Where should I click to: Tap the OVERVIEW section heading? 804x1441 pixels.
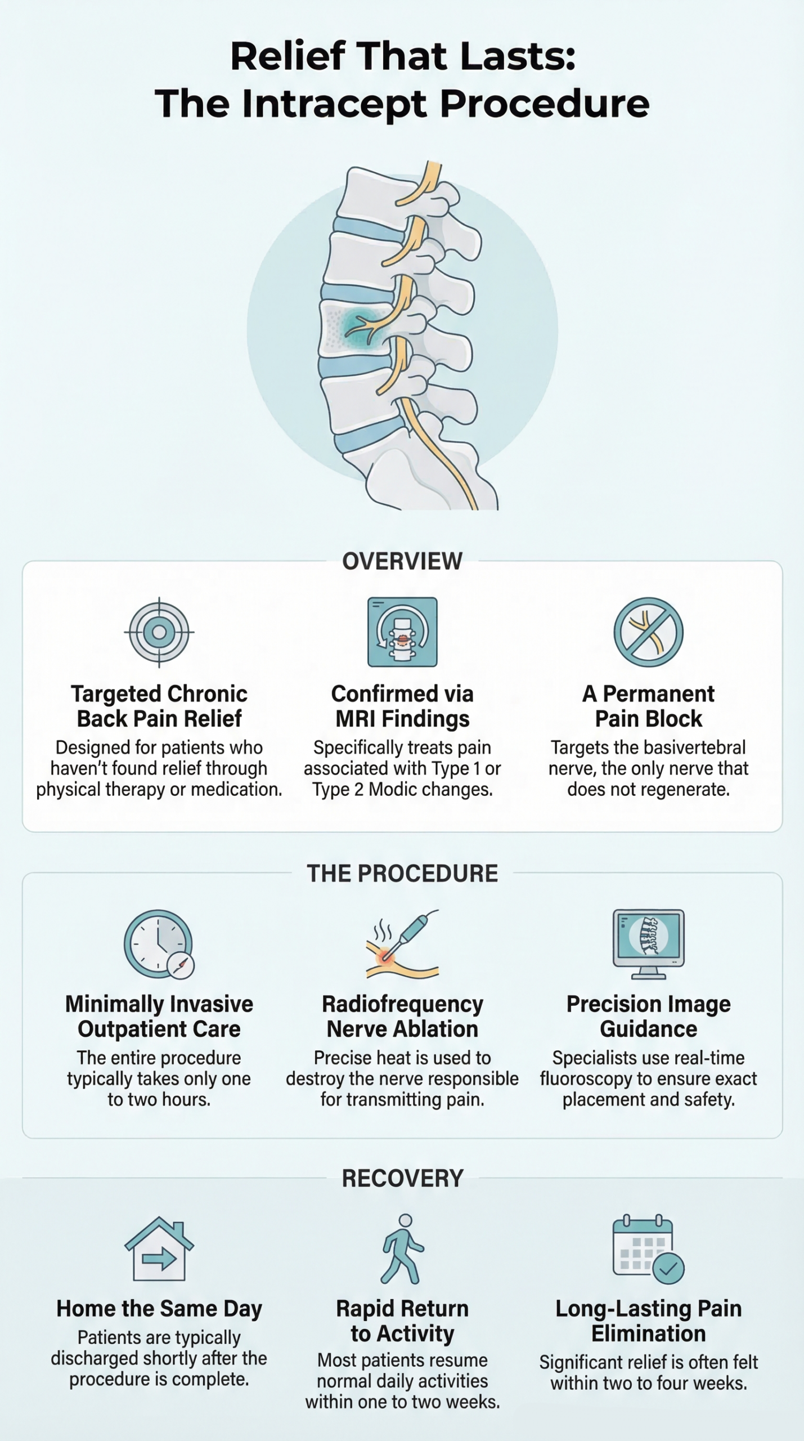point(402,561)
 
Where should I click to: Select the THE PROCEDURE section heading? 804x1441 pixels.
point(402,874)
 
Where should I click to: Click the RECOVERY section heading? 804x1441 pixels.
point(402,1178)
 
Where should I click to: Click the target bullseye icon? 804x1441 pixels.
point(159,632)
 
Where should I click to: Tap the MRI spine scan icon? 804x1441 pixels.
point(402,632)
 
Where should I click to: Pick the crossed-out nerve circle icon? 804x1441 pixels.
point(648,632)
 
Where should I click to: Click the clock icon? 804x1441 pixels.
point(159,945)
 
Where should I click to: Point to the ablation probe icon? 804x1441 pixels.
point(402,945)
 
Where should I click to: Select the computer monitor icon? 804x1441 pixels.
point(648,945)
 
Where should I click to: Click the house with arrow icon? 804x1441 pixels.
point(159,1248)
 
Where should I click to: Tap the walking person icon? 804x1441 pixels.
point(402,1248)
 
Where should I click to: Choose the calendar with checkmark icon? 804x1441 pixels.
point(648,1250)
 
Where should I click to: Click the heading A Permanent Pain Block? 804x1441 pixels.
point(648,706)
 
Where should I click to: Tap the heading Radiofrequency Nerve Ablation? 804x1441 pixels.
point(402,1017)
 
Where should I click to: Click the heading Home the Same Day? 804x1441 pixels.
point(159,1309)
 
